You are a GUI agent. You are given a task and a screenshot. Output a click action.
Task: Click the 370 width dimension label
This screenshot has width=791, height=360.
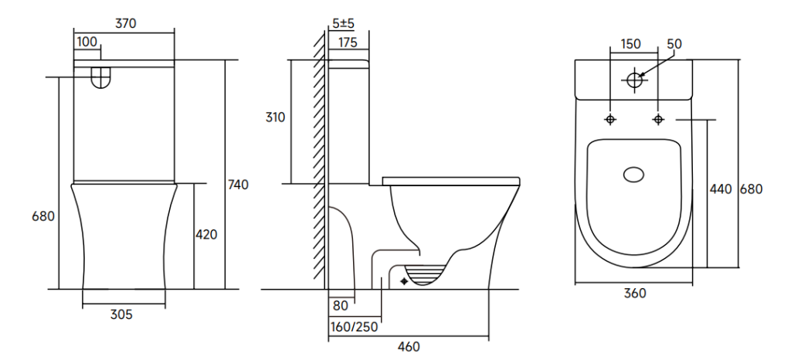[x=126, y=23]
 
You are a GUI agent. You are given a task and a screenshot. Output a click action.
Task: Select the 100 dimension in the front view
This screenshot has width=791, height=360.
[x=87, y=42]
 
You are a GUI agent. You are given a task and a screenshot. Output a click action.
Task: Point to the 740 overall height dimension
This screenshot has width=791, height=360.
[x=239, y=185]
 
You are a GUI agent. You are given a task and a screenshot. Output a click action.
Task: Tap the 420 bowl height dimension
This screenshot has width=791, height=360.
[x=206, y=234]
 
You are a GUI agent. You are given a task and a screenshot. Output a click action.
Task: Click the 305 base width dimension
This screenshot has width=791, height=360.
[x=121, y=314]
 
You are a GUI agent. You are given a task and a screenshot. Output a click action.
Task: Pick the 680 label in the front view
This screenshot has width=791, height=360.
[x=42, y=216]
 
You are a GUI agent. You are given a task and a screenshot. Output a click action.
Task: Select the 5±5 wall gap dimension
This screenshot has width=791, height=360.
[x=342, y=23]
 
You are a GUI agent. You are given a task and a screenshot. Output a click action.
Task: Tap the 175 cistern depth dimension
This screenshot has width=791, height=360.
[x=348, y=42]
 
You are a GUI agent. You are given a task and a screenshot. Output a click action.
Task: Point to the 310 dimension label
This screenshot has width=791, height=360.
[x=276, y=117]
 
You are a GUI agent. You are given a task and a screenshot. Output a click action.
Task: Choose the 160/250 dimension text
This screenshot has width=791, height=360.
[x=355, y=326]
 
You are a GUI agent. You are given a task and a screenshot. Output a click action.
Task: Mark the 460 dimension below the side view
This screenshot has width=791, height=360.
[x=409, y=346]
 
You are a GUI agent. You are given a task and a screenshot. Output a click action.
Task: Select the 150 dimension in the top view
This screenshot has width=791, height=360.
[x=631, y=43]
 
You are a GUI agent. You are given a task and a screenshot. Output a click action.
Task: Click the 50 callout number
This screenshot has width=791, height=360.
[x=674, y=44]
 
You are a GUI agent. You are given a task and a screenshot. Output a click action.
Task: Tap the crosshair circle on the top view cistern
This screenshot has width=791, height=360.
[x=636, y=79]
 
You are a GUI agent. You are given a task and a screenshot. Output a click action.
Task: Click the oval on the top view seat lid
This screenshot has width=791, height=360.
[x=634, y=175]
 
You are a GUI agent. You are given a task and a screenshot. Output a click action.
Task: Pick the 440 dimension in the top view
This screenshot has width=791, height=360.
[x=720, y=189]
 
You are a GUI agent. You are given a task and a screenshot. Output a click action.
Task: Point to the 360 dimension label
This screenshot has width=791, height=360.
[x=634, y=293]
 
